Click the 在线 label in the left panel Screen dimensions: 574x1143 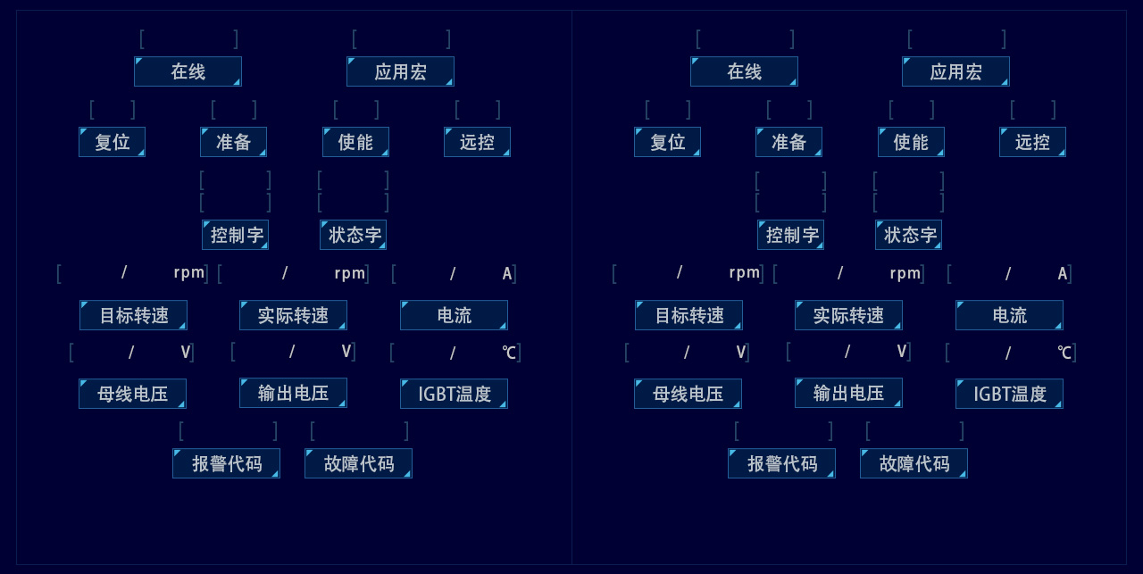point(188,71)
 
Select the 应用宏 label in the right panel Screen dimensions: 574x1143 point(955,71)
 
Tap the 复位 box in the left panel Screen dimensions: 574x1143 point(112,142)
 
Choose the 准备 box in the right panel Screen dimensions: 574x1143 point(788,142)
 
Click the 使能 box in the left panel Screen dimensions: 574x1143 point(355,142)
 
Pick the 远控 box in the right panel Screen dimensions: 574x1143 point(1032,142)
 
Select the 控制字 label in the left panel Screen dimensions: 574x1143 point(235,235)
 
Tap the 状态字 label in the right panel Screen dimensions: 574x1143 point(908,235)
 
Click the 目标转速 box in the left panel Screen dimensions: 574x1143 point(133,315)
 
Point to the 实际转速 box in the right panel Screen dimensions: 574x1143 point(848,315)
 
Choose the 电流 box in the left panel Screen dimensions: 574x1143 point(454,315)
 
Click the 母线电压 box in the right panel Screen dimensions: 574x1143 point(688,394)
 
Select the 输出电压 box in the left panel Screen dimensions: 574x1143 point(293,393)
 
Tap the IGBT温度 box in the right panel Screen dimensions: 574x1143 point(1009,394)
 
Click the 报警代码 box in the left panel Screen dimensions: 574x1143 point(226,463)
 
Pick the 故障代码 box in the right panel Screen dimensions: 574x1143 point(914,463)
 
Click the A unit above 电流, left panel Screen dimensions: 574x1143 point(507,273)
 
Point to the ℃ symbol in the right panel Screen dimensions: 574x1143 point(1064,353)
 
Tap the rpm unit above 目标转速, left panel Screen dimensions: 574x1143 point(189,272)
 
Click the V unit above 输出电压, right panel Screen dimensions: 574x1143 point(902,351)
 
